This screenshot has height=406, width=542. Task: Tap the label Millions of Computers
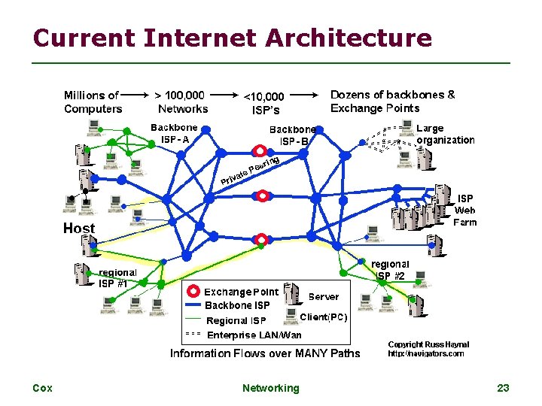coord(93,101)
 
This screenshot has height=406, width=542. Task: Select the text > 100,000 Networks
coord(181,101)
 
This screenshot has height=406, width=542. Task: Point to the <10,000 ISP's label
coord(263,102)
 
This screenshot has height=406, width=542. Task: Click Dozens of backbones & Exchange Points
coord(392,101)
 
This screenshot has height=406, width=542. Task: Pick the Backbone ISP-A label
coord(175,133)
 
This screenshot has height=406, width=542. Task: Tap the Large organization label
coord(445,134)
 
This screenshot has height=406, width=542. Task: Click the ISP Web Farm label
coord(464,210)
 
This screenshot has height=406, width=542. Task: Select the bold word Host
coord(79,228)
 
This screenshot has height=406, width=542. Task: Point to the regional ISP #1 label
coord(118,277)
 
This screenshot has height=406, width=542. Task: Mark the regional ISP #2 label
coord(390,270)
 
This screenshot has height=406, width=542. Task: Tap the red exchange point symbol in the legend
coord(193,292)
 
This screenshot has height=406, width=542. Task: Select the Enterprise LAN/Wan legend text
coord(254,335)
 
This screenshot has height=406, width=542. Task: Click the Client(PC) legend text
coord(324,317)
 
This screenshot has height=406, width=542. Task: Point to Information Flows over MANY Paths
coord(265,353)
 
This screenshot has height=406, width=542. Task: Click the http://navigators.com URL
coord(426,353)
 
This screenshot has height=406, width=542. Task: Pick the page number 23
coord(503,388)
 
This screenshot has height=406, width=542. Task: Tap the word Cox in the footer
coord(42,388)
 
